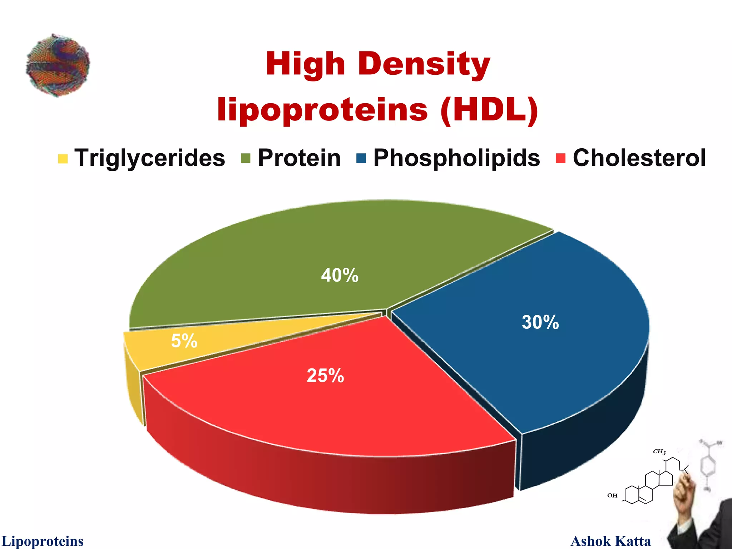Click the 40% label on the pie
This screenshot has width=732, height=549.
pos(340,275)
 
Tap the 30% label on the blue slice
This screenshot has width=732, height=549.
pos(540,322)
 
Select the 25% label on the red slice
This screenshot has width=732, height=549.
pos(325,376)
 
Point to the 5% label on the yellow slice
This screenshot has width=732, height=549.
pos(184,341)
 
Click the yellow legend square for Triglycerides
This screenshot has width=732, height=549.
pos(63,158)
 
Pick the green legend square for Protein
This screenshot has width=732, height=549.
pos(246,158)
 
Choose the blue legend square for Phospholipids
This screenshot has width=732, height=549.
pos(361,158)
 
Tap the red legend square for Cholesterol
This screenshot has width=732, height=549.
pos(560,158)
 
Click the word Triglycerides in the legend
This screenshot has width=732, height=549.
pos(150,158)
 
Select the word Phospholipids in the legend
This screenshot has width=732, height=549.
pos(456,158)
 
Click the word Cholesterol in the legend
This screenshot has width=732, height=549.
pos(639,158)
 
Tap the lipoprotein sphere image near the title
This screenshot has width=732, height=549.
pos(58,65)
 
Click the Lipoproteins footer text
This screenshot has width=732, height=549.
pos(43,541)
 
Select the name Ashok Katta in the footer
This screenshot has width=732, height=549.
pos(610,541)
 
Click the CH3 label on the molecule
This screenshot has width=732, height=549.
pos(659,452)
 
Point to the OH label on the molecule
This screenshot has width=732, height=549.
pos(612,495)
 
